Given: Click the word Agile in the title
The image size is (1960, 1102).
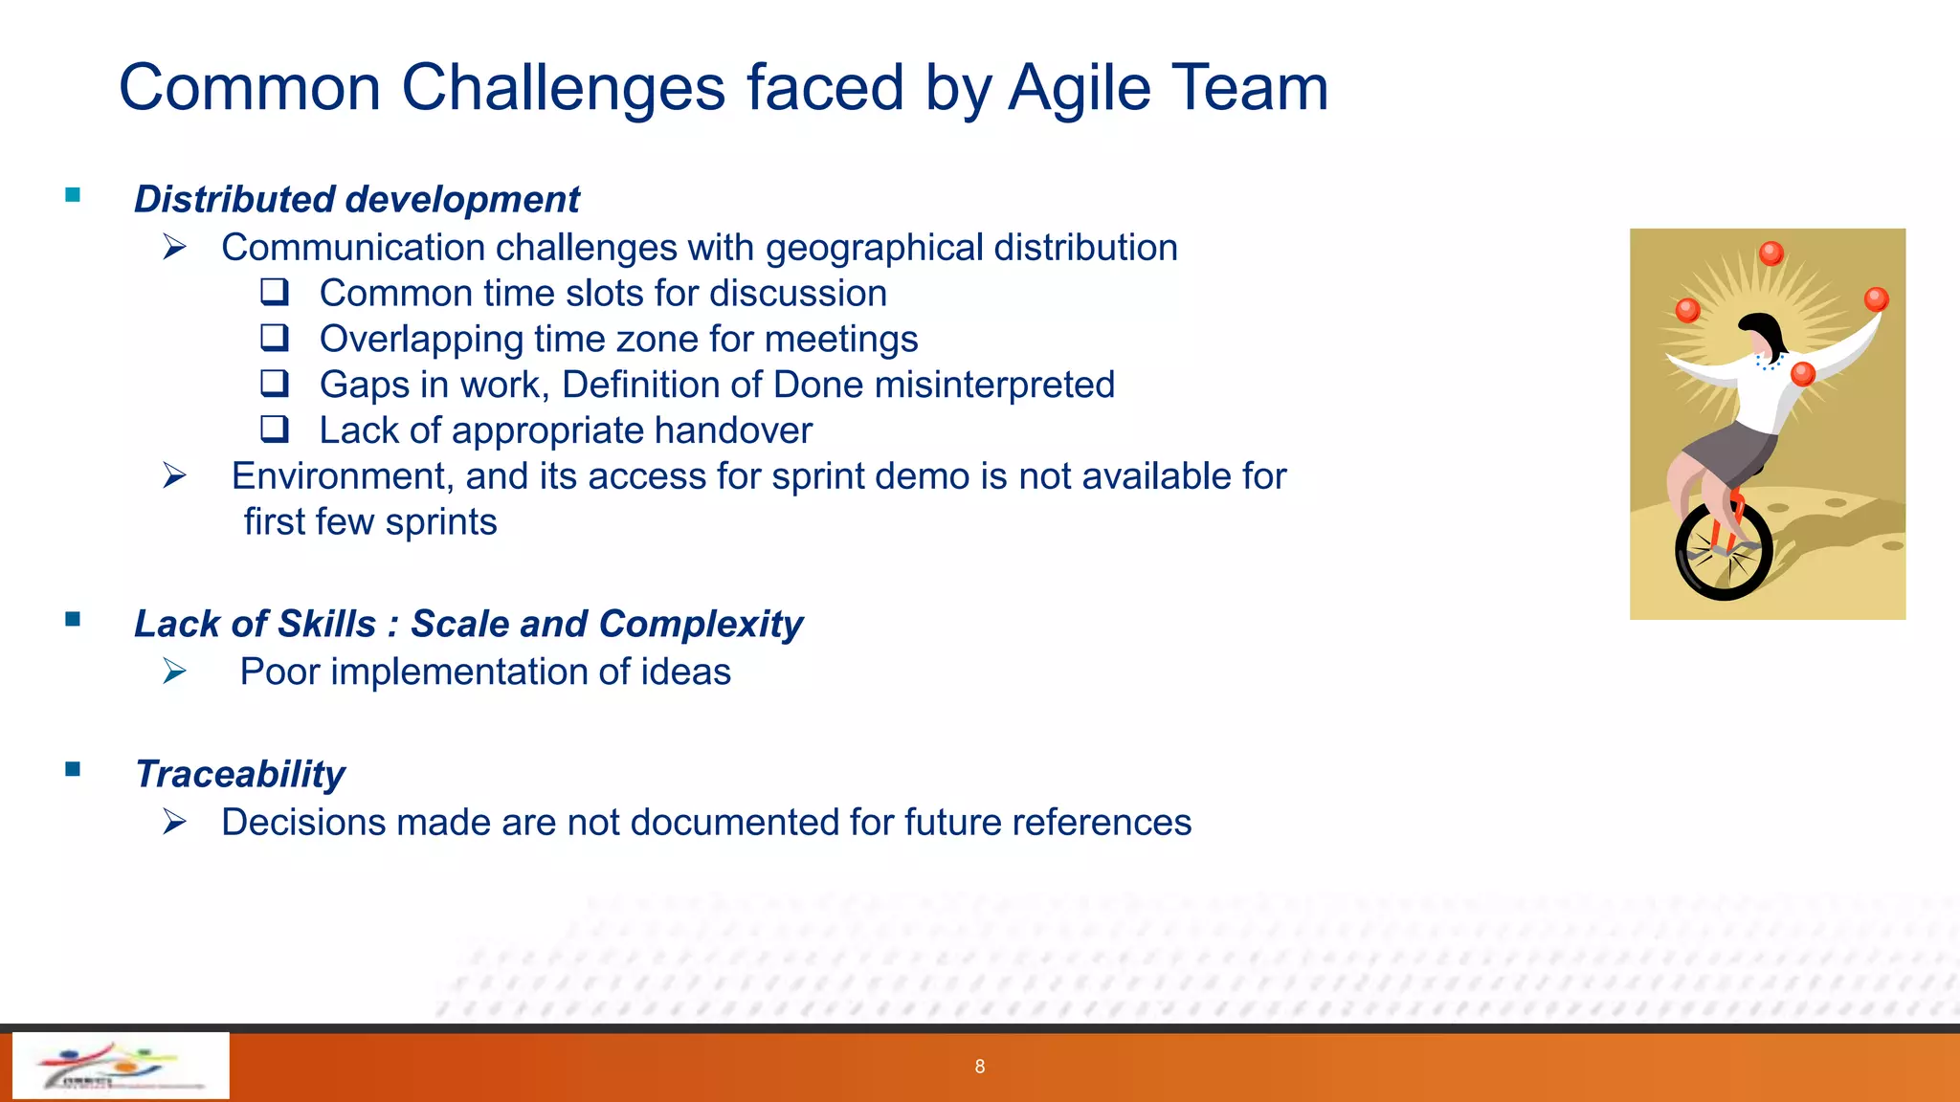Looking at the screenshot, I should tap(1079, 88).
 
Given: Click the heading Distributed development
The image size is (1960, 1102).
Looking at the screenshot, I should tap(356, 199).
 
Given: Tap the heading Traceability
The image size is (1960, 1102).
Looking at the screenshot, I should tap(240, 774).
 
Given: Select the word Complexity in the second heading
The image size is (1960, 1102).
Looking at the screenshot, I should tap(702, 624).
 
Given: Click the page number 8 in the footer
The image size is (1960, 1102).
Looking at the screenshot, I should tap(979, 1067).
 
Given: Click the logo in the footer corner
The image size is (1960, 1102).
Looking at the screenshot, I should tap(121, 1066).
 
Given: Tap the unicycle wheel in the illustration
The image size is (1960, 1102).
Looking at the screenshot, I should tap(1724, 552).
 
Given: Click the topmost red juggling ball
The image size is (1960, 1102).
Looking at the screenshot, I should tap(1771, 253).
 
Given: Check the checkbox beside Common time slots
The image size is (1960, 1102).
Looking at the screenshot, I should tap(275, 291).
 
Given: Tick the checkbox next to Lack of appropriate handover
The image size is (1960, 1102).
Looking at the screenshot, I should tap(275, 429).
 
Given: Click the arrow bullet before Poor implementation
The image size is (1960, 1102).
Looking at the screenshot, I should tap(174, 671).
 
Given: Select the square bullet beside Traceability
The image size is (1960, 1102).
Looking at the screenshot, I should tap(73, 769).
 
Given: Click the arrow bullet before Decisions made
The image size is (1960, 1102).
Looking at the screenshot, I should tap(174, 821).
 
